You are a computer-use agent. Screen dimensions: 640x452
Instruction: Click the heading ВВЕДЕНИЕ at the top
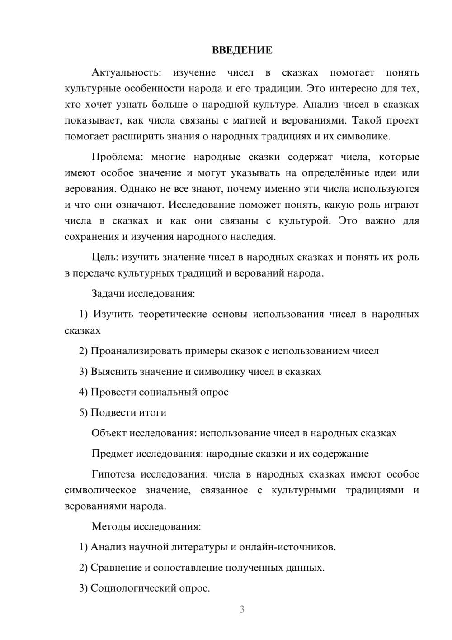[x=242, y=50]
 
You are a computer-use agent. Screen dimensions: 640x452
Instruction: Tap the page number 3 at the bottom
[x=242, y=609]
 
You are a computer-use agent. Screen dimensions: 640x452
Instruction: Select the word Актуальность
[x=126, y=72]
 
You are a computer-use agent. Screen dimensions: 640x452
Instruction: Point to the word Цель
[x=104, y=258]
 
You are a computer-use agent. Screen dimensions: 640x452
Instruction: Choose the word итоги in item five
[x=152, y=413]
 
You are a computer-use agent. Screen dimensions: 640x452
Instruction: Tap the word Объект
[x=109, y=433]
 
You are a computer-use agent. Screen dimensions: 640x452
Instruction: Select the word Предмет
[x=112, y=454]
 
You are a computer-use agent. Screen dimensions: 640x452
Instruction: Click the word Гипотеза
[x=113, y=474]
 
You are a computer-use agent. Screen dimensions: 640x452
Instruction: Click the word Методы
[x=108, y=526]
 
